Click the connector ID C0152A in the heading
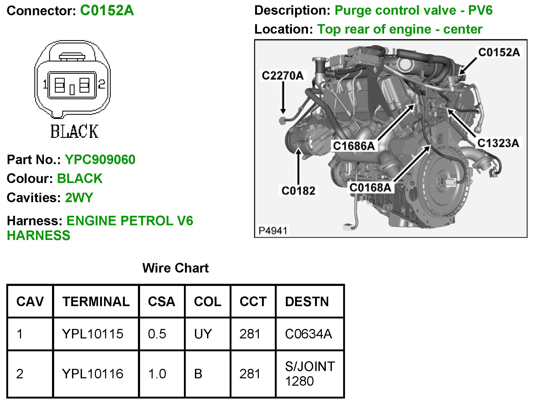click(x=107, y=11)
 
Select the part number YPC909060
click(x=100, y=160)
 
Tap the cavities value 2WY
click(x=79, y=198)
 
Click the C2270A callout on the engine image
click(x=283, y=76)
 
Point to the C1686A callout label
click(x=354, y=146)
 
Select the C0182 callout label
click(x=298, y=191)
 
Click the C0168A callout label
click(x=370, y=188)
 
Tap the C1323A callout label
click(x=498, y=143)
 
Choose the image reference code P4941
click(x=273, y=231)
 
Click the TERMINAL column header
click(x=96, y=301)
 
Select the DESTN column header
click(x=307, y=301)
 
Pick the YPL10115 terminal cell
click(x=93, y=334)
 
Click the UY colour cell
click(x=203, y=334)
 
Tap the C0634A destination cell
click(x=308, y=334)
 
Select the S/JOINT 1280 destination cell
click(x=310, y=374)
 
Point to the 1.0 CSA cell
click(x=157, y=374)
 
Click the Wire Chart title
click(x=175, y=268)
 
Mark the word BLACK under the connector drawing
click(x=75, y=132)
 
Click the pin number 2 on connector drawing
click(x=102, y=84)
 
